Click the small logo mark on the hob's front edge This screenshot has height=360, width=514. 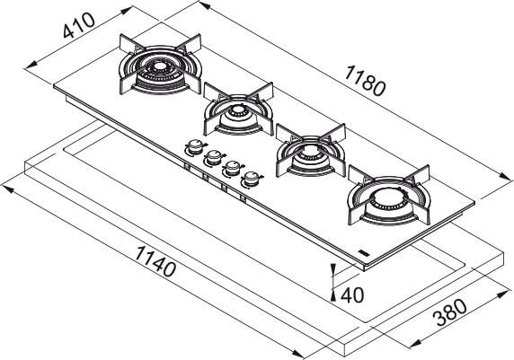point(363,250)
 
